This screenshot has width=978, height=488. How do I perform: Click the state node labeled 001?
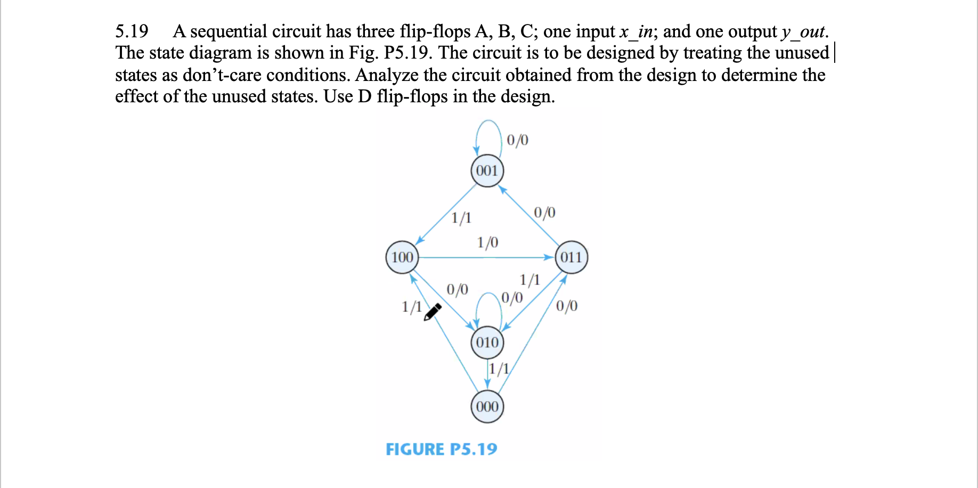[487, 171]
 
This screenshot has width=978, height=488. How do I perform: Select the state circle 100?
[402, 257]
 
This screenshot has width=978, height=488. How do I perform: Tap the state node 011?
[571, 257]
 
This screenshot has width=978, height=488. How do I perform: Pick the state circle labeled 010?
[487, 342]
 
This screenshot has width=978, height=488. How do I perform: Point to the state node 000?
[487, 406]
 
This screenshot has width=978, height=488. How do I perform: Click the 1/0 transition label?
[487, 243]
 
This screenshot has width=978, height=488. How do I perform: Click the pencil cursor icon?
[432, 312]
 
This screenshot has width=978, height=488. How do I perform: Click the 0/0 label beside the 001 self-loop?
[517, 140]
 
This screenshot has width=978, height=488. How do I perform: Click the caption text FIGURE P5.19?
[441, 449]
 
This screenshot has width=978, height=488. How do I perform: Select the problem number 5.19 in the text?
[132, 31]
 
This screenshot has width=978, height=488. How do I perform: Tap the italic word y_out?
[803, 31]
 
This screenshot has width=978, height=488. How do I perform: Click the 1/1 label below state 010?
[499, 369]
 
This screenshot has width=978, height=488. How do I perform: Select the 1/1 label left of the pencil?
[412, 307]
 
